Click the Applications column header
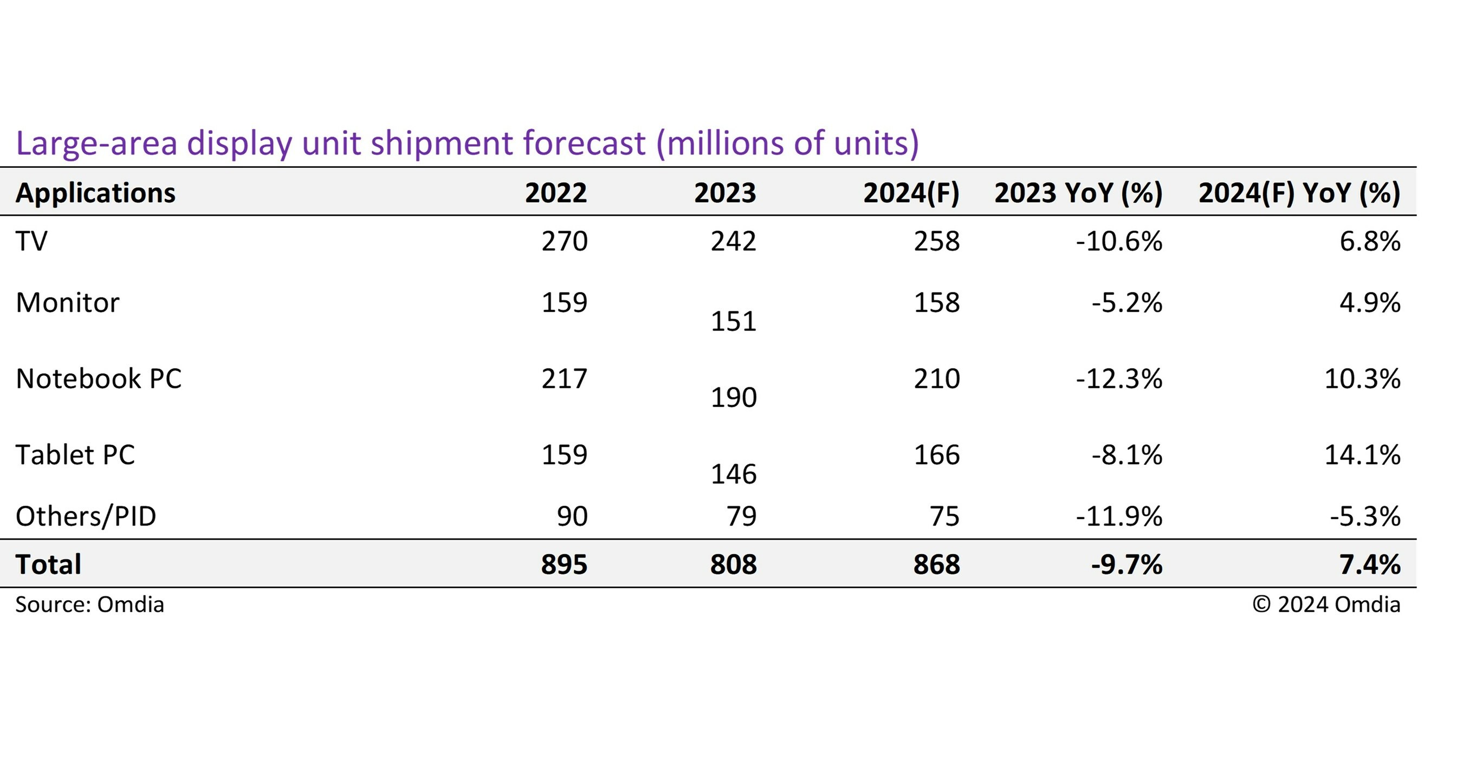95,193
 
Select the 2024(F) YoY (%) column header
1299,193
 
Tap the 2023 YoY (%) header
1078,193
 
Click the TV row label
32,241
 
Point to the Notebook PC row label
98,379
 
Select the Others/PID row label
86,516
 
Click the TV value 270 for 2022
564,241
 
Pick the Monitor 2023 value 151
733,321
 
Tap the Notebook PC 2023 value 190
733,398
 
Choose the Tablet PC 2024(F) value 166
936,455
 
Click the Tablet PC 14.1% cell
1362,455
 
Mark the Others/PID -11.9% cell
1119,516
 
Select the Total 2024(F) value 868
936,564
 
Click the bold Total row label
48,564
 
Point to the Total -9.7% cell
1127,564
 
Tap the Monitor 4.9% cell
1370,303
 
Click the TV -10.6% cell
1119,241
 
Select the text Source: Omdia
90,604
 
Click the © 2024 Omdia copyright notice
1326,604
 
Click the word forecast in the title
584,143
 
